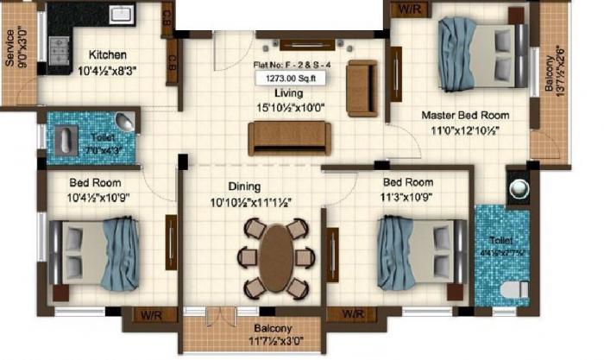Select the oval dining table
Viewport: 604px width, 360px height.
[274, 256]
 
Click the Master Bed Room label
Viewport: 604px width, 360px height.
[465, 115]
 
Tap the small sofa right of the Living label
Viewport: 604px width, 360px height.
[362, 88]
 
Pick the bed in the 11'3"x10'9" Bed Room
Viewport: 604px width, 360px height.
[422, 251]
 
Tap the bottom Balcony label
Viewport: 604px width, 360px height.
[273, 329]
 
